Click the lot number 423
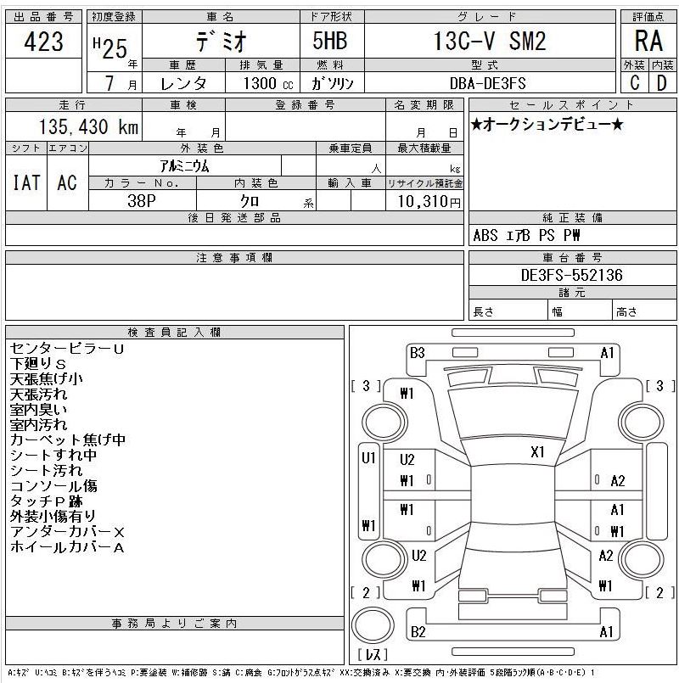[43, 42]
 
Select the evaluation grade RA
[648, 41]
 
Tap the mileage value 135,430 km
[89, 126]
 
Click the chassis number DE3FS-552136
[572, 275]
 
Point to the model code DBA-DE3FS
[488, 83]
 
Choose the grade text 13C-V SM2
[490, 41]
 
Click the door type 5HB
[330, 41]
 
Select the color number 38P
[142, 201]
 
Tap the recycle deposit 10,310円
[429, 201]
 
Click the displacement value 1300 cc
[268, 83]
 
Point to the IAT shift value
[26, 182]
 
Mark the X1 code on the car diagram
[537, 452]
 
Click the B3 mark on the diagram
[417, 353]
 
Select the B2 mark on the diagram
[418, 631]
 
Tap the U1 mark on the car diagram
[368, 458]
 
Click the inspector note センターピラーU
[67, 349]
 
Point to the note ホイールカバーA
[67, 547]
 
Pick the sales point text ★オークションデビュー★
[547, 125]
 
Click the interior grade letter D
[661, 83]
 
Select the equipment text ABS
[485, 236]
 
